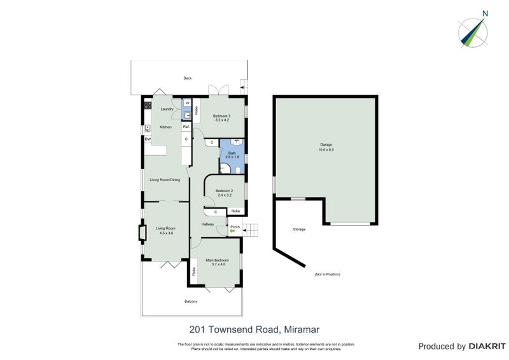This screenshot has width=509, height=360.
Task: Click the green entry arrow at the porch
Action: (x=232, y=232)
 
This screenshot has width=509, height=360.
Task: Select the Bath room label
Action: (x=232, y=153)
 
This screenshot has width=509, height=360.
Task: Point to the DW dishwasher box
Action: (x=148, y=139)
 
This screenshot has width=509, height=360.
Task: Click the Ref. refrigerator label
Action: (x=186, y=127)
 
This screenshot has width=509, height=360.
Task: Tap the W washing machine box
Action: (x=186, y=104)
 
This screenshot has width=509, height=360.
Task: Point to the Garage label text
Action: (x=326, y=145)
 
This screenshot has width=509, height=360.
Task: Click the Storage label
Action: (x=299, y=229)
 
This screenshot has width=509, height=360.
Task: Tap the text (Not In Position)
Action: (x=328, y=274)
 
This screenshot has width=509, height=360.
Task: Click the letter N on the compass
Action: (x=485, y=13)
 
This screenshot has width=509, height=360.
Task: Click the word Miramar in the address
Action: (x=301, y=329)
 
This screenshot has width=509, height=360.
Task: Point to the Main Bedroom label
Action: (x=217, y=260)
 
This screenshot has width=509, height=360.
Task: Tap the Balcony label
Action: (x=191, y=301)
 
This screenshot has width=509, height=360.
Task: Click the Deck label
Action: (x=188, y=78)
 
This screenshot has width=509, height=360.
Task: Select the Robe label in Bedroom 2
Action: (x=235, y=211)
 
